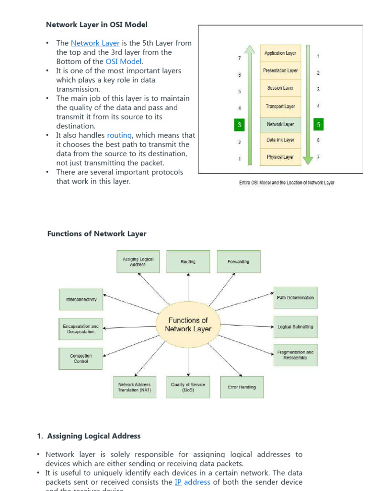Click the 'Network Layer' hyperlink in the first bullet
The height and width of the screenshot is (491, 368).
pyautogui.click(x=95, y=43)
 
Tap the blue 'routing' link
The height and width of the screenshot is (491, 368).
pyautogui.click(x=119, y=136)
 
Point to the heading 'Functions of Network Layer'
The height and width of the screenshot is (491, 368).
pyautogui.click(x=97, y=234)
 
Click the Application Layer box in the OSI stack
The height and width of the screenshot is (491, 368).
pyautogui.click(x=280, y=53)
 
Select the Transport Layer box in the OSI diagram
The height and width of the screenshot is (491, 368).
pyautogui.click(x=280, y=106)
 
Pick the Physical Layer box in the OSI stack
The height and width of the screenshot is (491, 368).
pyautogui.click(x=280, y=157)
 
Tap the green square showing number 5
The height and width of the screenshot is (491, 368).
pyautogui.click(x=318, y=125)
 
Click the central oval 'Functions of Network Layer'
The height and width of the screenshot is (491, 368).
pyautogui.click(x=188, y=325)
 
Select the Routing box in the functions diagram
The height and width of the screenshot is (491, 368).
pyautogui.click(x=188, y=262)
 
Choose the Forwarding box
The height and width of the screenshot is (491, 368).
pyautogui.click(x=238, y=262)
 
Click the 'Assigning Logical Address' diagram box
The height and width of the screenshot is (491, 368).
pyautogui.click(x=138, y=262)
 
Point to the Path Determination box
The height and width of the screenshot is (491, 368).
pyautogui.click(x=295, y=298)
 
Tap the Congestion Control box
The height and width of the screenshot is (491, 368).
pyautogui.click(x=80, y=358)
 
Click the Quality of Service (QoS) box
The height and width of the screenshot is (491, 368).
pyautogui.click(x=188, y=387)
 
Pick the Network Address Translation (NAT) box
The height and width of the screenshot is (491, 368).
pyautogui.click(x=134, y=387)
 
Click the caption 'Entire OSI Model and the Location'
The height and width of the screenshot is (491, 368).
pyautogui.click(x=287, y=183)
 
